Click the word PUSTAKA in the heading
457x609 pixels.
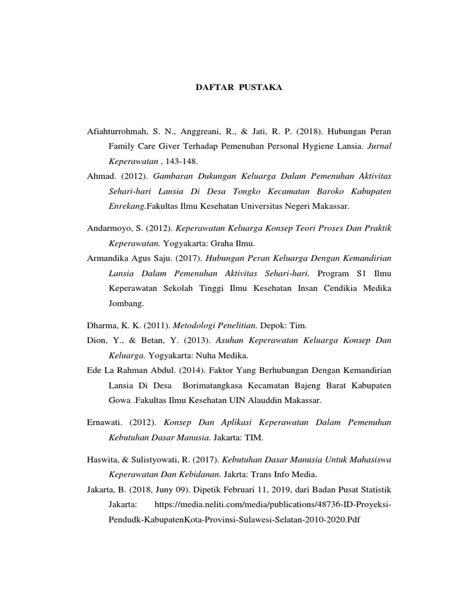click(x=260, y=87)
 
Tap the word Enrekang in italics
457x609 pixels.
click(x=127, y=207)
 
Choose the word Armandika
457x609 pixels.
click(x=111, y=259)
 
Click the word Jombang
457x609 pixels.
click(x=126, y=303)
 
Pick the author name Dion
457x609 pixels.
click(x=97, y=340)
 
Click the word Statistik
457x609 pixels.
click(x=373, y=490)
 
